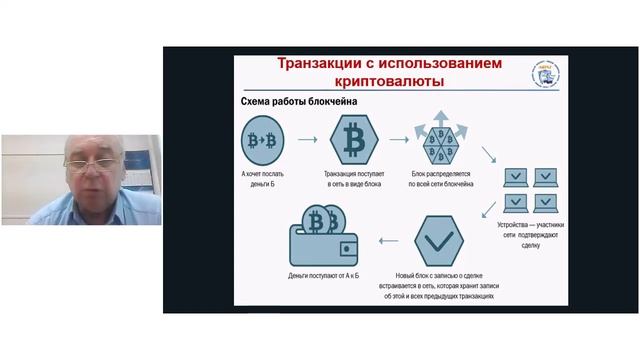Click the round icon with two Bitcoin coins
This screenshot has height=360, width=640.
pyautogui.click(x=261, y=140)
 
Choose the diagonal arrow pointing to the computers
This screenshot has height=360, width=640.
pyautogui.click(x=490, y=157)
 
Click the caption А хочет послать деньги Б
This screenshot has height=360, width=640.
pyautogui.click(x=261, y=179)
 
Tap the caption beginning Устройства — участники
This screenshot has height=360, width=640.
pyautogui.click(x=530, y=235)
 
